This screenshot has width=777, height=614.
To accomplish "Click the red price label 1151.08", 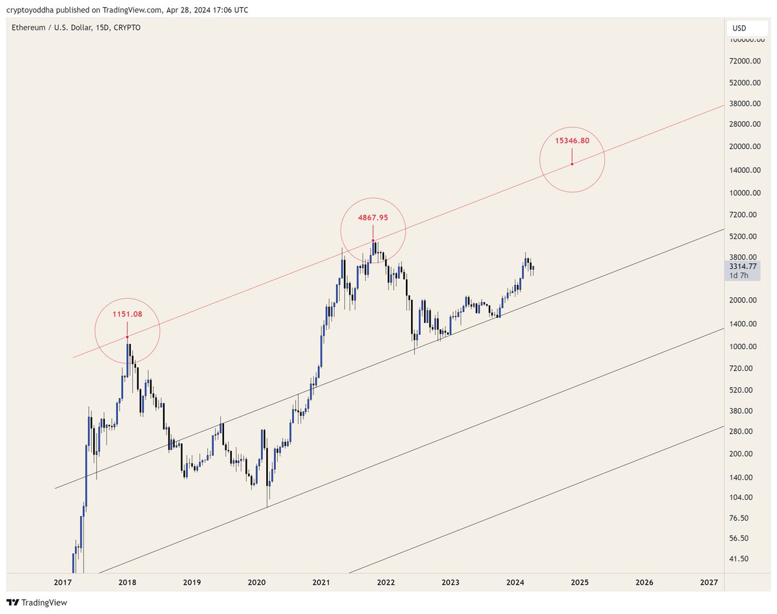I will pos(127,314).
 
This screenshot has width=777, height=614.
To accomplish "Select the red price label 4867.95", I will pos(373,218).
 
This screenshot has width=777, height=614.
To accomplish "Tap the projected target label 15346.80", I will pos(572,140).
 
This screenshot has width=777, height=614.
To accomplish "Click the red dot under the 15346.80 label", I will pos(572,164).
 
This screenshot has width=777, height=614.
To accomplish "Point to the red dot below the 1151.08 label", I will pos(127,337).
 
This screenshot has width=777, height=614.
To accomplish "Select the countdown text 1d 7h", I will pos(739,276).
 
